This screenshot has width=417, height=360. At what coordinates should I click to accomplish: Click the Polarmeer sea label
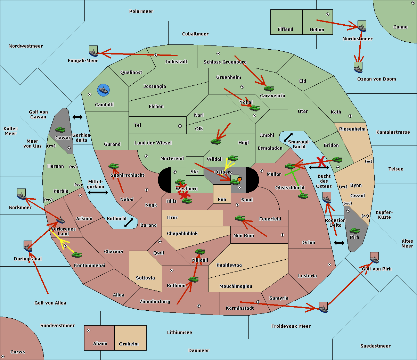click(141, 11)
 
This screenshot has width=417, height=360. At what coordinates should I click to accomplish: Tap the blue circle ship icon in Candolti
click(103, 90)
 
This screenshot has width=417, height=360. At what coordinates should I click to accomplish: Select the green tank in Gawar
click(60, 130)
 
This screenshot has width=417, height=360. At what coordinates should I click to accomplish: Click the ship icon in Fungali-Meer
click(93, 51)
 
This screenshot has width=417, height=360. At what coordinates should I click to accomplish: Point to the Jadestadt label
click(176, 62)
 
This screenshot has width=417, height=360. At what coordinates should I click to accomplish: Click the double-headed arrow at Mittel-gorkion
click(98, 192)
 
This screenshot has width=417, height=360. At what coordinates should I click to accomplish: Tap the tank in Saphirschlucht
click(113, 167)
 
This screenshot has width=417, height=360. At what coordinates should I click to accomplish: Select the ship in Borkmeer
click(22, 194)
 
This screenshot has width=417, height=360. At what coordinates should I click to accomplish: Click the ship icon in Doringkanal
click(28, 246)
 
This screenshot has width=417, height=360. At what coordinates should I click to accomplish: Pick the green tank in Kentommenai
click(76, 255)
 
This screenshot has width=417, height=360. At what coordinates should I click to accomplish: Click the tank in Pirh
click(354, 231)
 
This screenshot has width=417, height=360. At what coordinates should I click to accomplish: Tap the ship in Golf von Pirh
click(374, 258)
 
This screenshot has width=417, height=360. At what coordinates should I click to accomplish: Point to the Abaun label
click(100, 344)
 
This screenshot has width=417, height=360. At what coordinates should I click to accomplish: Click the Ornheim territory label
click(129, 344)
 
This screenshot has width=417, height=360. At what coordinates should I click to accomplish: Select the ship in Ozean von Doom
click(358, 67)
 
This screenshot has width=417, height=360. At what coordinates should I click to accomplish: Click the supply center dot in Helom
click(327, 14)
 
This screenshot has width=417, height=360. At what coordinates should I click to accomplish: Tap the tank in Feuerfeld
click(240, 218)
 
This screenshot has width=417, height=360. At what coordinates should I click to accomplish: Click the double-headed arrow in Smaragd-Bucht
click(288, 137)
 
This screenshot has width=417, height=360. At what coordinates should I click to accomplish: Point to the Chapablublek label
click(182, 234)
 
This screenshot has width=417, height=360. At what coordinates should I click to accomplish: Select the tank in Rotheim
click(193, 279)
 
